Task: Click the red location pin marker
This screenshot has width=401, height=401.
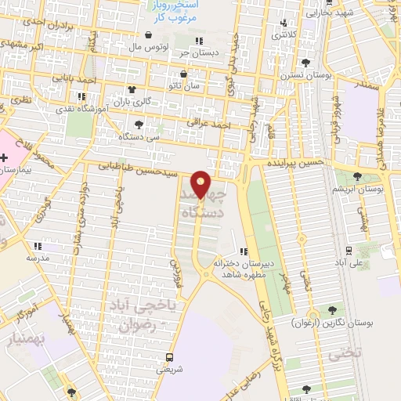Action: [202, 183]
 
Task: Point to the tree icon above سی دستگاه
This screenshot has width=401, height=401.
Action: [139, 124]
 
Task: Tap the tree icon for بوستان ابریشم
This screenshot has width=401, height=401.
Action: [357, 176]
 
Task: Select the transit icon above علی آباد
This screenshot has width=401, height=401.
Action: [347, 251]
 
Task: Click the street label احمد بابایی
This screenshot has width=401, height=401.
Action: [77, 79]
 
